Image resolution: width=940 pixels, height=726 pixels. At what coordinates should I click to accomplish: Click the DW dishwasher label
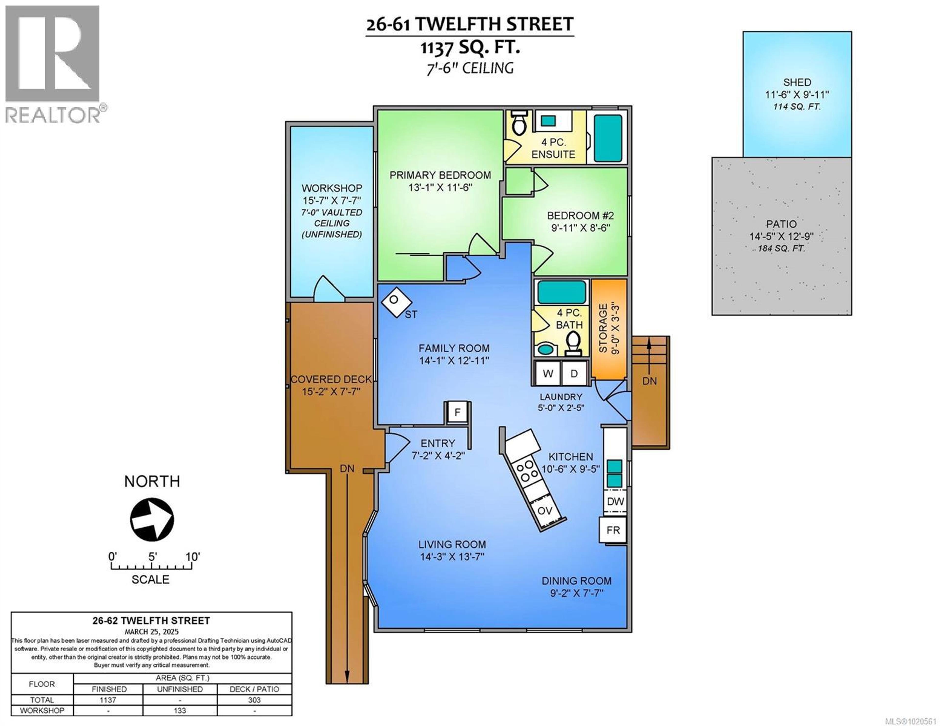[x=615, y=501]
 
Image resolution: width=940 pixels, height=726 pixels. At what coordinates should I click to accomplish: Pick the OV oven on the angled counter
[x=545, y=511]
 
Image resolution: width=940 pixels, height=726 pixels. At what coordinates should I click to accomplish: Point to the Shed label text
[x=797, y=82]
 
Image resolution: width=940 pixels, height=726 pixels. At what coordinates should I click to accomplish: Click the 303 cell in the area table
[x=254, y=700]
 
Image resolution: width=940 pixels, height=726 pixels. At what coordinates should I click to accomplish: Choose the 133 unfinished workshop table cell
[x=180, y=711]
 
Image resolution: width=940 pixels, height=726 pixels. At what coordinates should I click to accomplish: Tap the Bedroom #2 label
[x=580, y=216]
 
